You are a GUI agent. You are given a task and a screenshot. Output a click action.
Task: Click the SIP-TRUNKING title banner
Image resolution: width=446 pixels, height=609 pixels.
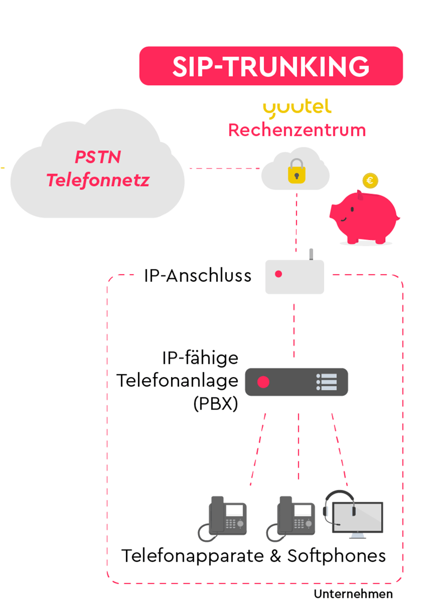(x=270, y=66)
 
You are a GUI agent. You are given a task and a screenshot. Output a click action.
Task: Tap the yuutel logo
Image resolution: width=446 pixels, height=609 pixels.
(x=297, y=108)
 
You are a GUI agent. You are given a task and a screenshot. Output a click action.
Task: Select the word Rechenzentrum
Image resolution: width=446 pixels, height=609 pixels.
(x=297, y=130)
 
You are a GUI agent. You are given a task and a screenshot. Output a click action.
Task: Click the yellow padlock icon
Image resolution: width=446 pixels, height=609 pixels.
(x=296, y=171)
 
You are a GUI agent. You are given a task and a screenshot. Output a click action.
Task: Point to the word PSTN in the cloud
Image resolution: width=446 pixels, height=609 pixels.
(x=98, y=157)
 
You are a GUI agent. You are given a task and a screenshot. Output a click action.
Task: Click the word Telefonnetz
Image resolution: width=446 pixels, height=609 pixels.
(x=98, y=180)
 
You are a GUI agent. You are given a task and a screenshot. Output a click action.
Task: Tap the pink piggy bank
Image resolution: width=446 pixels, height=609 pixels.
(x=363, y=217)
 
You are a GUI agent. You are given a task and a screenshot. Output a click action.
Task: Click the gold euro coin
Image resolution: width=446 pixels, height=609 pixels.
(x=370, y=180)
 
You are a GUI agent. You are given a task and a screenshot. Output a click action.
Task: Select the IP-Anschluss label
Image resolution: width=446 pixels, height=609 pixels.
(x=198, y=276)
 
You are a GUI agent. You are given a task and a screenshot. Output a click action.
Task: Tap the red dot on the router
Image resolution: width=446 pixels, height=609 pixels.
(x=278, y=275)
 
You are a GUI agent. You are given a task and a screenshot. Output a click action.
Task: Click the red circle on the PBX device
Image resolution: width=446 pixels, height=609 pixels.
(x=263, y=382)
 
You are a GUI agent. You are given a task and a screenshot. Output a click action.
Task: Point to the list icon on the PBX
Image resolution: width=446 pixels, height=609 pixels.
(x=327, y=382)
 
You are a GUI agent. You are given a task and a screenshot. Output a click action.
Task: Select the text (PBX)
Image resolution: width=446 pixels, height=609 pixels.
(x=216, y=403)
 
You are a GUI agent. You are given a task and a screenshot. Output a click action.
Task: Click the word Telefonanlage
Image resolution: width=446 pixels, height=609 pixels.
(x=178, y=381)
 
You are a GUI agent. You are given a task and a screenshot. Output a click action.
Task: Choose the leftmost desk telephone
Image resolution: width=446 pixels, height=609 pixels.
(x=223, y=518)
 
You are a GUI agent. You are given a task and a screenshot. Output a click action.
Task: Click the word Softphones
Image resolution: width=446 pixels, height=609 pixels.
(x=336, y=555)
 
